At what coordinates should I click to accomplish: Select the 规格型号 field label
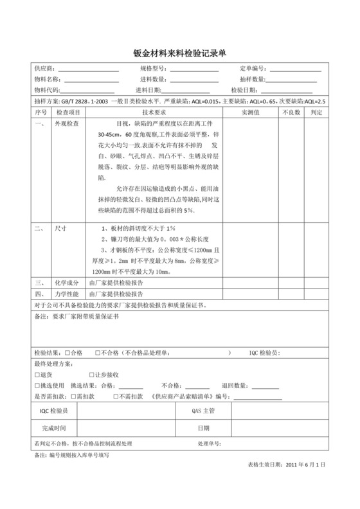(152, 68)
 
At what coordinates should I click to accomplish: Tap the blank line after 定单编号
(296, 69)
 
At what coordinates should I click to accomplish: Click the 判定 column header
(316, 112)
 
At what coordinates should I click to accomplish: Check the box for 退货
(36, 375)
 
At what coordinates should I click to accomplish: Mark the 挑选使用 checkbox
(36, 386)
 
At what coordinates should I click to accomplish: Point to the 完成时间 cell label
(53, 427)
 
